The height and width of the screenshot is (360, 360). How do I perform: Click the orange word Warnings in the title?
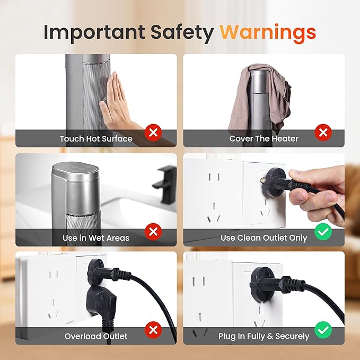pyautogui.click(x=268, y=33)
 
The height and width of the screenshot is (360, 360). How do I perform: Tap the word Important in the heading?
pyautogui.click(x=94, y=32)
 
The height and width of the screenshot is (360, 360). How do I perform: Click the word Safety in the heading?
pyautogui.click(x=182, y=32)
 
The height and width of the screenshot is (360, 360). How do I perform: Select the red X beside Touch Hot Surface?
pyautogui.click(x=153, y=133)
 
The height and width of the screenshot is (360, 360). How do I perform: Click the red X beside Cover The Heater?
pyautogui.click(x=323, y=133)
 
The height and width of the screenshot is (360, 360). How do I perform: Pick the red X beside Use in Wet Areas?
pyautogui.click(x=153, y=232)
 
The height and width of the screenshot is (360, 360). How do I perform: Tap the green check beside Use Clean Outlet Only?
pyautogui.click(x=323, y=232)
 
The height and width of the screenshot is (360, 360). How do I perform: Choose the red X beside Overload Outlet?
pyautogui.click(x=153, y=330)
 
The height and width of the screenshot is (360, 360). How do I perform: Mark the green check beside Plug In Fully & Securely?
pyautogui.click(x=323, y=330)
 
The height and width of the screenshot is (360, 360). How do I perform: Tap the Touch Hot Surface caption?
pyautogui.click(x=96, y=139)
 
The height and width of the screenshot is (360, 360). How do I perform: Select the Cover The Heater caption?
pyautogui.click(x=264, y=139)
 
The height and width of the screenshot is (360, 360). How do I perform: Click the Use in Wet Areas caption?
pyautogui.click(x=96, y=238)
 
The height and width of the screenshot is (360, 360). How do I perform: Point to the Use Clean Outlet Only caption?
pyautogui.click(x=264, y=238)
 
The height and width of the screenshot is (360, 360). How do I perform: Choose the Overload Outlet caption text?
pyautogui.click(x=96, y=336)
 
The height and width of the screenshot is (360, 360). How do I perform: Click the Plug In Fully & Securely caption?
pyautogui.click(x=264, y=336)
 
